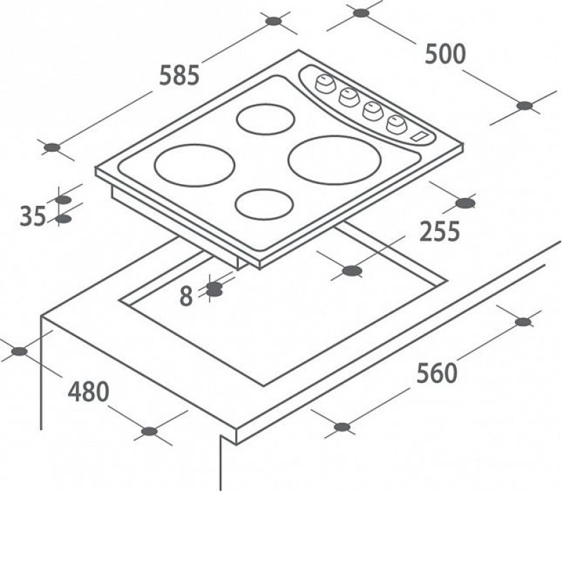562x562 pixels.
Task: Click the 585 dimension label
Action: point(179,75)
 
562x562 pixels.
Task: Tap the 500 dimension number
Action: point(445,54)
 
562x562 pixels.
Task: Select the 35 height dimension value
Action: point(32,216)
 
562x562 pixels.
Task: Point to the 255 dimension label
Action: point(439,231)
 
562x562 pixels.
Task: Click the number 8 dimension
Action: point(186,296)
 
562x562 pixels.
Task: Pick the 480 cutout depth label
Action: point(89,391)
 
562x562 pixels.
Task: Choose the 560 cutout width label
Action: point(436,373)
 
